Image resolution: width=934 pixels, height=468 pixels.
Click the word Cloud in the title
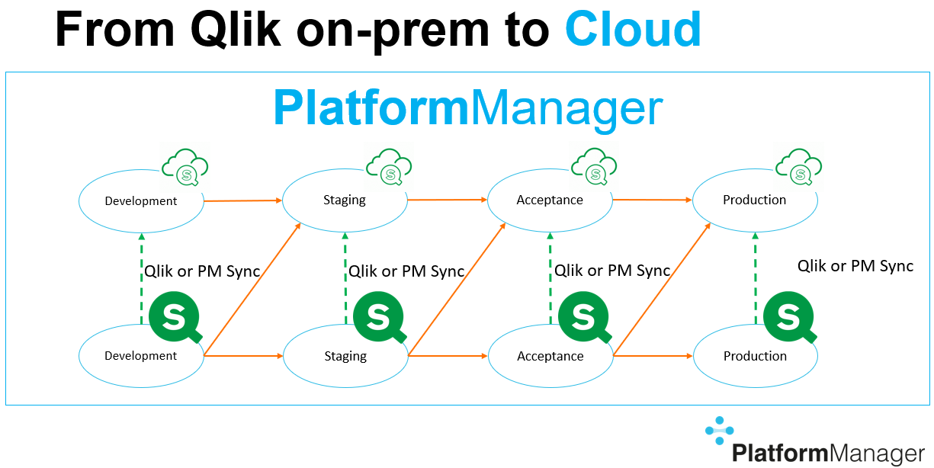click(x=633, y=29)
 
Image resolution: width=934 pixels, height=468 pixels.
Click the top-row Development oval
click(x=141, y=201)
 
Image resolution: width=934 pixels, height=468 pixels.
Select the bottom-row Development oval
click(x=141, y=356)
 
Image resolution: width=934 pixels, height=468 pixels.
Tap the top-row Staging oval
click(x=345, y=200)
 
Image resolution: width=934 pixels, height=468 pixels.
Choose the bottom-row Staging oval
click(x=345, y=356)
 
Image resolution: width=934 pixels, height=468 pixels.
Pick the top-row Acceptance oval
click(x=550, y=200)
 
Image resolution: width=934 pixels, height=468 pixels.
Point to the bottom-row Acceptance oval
click(x=550, y=356)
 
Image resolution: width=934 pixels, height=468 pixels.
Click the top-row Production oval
click(x=754, y=200)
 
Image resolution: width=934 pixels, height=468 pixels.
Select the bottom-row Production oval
click(x=755, y=356)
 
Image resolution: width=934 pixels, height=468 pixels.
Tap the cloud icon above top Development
click(x=185, y=168)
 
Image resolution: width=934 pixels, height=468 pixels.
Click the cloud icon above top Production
click(x=798, y=168)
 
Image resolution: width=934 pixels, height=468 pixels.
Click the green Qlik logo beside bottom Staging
click(x=379, y=316)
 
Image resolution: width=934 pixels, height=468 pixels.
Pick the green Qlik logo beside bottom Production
click(x=788, y=316)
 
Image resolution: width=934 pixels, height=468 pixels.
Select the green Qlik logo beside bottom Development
click(x=175, y=316)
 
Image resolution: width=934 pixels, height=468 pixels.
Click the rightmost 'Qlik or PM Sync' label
click(x=855, y=266)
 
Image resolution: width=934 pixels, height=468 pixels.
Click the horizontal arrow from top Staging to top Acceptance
click(x=447, y=200)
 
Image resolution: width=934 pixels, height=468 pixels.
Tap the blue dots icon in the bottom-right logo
click(x=718, y=431)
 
